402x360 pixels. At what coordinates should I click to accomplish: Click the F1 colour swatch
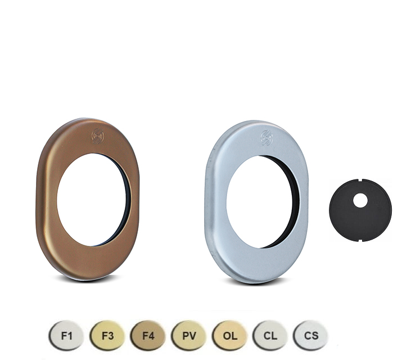(x=66, y=335)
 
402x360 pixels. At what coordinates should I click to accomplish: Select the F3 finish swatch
(x=107, y=335)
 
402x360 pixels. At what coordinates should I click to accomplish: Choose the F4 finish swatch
(x=148, y=335)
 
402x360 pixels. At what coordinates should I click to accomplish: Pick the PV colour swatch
(x=189, y=335)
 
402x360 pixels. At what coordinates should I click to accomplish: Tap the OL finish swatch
(x=229, y=335)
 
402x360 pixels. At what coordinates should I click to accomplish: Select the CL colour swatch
(x=270, y=335)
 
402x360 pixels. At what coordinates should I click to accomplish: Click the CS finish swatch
(x=311, y=335)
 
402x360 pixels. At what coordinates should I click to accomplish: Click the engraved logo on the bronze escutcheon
(x=98, y=136)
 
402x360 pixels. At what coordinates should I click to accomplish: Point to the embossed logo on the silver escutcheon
(x=267, y=138)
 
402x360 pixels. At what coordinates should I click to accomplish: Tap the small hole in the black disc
(x=360, y=200)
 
